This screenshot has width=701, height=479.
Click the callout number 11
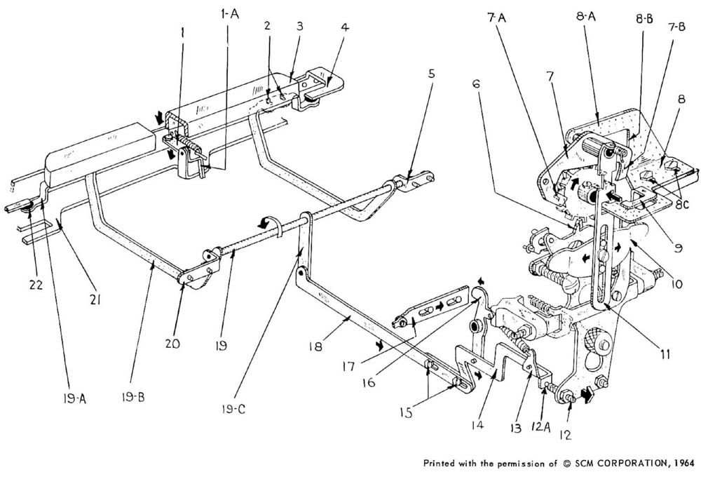coord(663,356)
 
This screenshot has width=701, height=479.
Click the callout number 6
coord(477,82)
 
